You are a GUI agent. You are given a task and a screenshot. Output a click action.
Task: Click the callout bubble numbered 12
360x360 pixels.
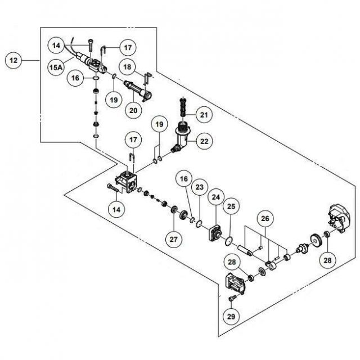13,60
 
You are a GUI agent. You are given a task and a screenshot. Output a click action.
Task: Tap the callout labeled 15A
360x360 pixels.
56,67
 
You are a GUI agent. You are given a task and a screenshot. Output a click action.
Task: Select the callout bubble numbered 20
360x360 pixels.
133,110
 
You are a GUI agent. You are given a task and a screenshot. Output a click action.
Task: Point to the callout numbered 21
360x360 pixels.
204,115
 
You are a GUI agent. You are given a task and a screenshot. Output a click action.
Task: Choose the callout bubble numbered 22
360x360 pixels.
204,141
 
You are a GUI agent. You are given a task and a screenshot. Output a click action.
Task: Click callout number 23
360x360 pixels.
200,187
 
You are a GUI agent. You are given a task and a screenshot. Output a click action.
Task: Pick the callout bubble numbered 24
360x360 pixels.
216,197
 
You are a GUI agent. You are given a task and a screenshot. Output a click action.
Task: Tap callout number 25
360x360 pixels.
231,206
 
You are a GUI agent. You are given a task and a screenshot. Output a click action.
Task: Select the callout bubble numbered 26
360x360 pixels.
265,218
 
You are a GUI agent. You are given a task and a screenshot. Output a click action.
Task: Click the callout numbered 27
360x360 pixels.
174,240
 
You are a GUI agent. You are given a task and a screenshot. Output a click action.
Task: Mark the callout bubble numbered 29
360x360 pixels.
231,317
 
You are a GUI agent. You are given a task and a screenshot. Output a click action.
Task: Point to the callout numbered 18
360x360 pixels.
127,67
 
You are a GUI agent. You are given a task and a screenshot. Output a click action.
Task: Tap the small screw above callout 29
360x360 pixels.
231,298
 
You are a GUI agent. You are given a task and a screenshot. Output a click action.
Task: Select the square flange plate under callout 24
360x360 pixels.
215,233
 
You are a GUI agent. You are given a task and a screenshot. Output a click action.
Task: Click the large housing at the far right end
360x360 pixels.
339,218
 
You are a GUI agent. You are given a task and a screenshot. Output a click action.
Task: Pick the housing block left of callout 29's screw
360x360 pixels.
235,283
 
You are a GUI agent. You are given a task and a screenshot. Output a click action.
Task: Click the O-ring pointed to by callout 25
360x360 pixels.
229,241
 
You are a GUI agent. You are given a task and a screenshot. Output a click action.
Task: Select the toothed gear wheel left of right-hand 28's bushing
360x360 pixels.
316,240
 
